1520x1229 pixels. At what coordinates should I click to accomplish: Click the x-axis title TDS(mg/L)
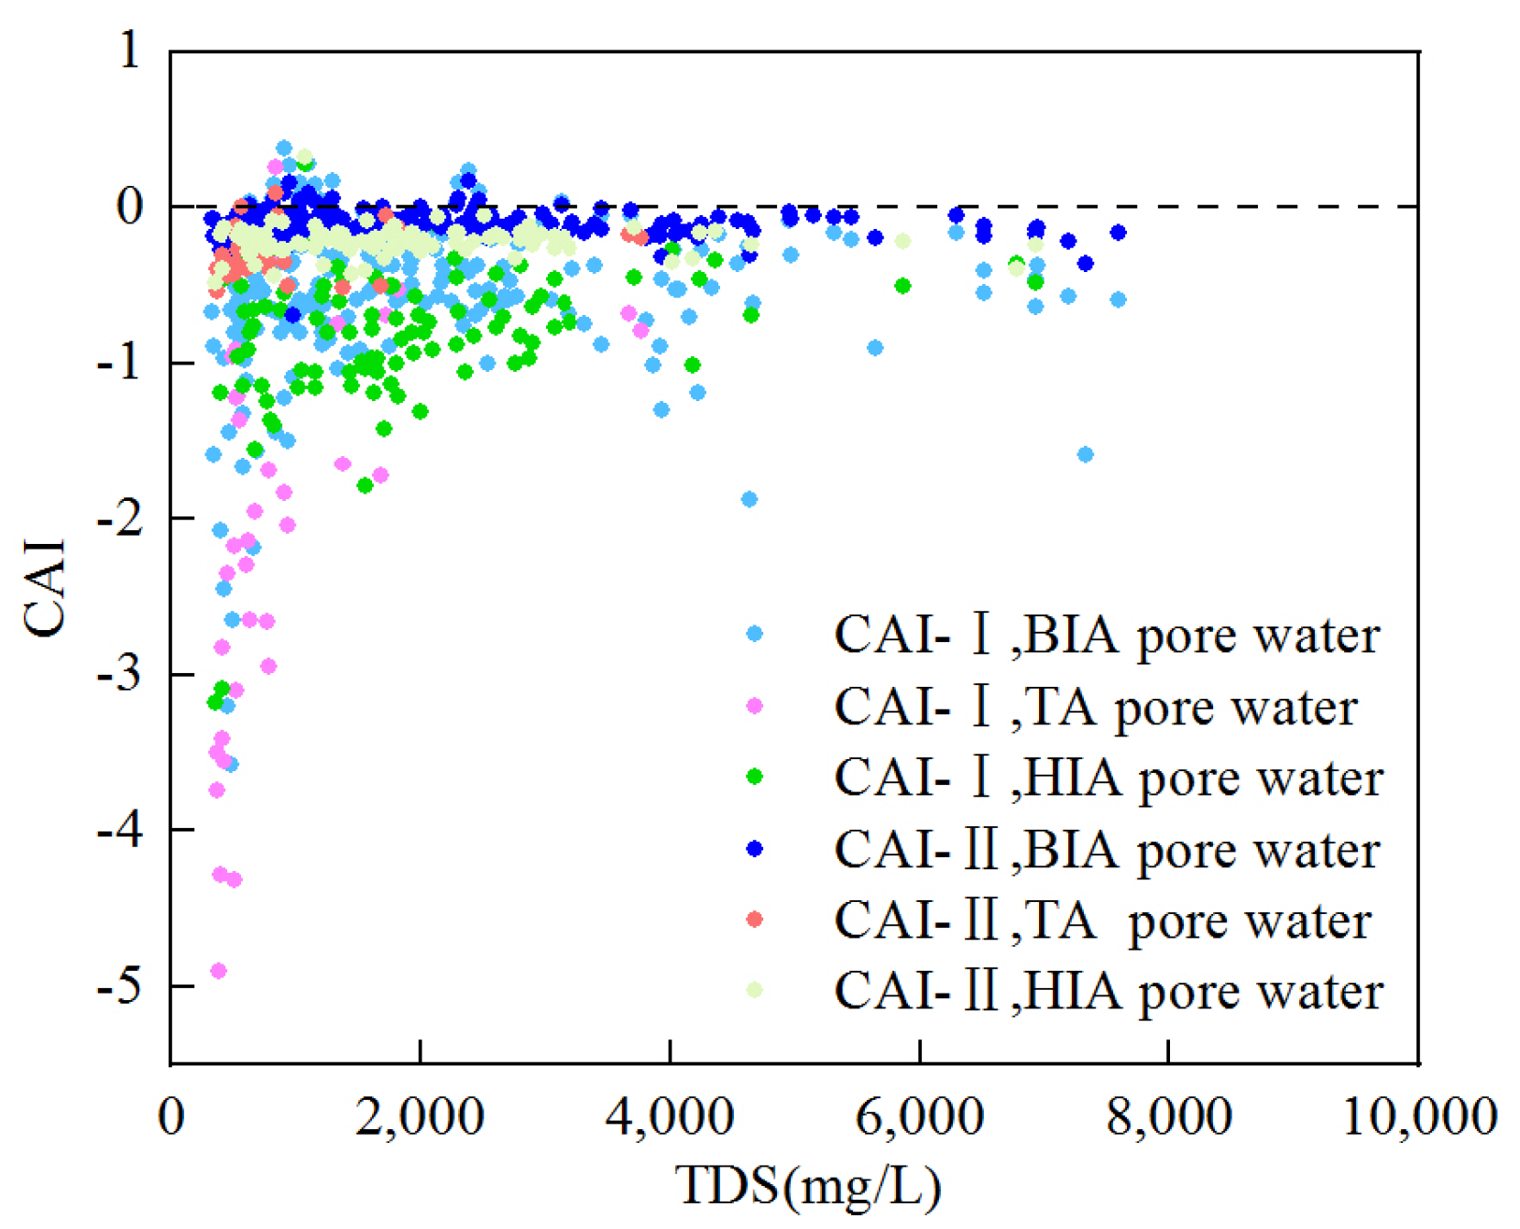pos(808,1185)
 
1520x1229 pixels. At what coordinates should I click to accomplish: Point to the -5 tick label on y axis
pos(120,985)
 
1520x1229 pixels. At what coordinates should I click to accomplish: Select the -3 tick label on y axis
pos(120,674)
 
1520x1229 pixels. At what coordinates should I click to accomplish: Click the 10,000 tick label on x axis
pos(1419,1117)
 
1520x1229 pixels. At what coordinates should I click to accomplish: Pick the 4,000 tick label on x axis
pos(670,1117)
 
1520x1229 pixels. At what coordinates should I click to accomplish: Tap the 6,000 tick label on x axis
pos(919,1117)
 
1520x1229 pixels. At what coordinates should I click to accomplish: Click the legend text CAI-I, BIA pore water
pos(1106,635)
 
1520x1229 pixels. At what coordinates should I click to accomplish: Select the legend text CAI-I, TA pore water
pos(1095,707)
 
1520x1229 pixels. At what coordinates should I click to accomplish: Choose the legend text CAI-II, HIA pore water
pos(1108,992)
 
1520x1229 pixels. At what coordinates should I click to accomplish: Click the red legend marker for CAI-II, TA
pos(754,919)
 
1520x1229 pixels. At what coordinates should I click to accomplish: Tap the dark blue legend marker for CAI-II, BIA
pos(754,849)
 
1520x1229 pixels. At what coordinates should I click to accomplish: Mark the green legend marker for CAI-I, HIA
pos(754,777)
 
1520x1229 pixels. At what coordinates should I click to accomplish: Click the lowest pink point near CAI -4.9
pos(218,971)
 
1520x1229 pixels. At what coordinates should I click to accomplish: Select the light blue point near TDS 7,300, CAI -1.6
pos(1085,454)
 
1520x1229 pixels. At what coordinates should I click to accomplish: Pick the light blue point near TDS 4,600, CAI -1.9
pos(749,499)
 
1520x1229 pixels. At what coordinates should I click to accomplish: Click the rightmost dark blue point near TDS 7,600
pos(1117,233)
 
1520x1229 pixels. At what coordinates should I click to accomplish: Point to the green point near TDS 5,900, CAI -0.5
pos(902,286)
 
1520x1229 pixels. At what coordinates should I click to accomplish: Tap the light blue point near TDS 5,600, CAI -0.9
pos(875,347)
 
